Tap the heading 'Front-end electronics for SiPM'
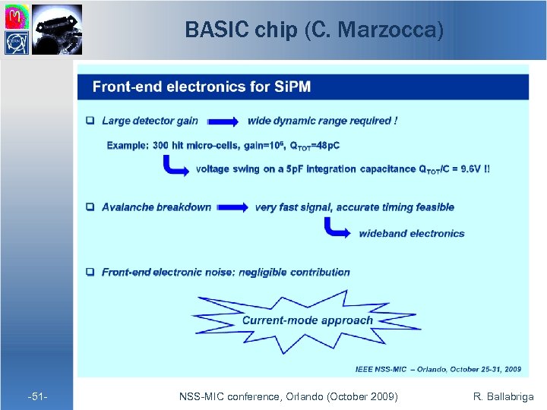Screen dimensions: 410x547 (x=201, y=87)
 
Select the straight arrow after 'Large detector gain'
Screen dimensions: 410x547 (x=222, y=121)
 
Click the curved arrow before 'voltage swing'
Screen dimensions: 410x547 (x=175, y=166)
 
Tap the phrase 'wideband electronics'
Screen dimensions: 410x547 (x=411, y=233)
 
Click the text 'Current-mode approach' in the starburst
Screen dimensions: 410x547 (x=307, y=320)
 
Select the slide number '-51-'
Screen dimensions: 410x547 (x=37, y=396)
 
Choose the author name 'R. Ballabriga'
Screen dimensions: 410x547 (x=503, y=396)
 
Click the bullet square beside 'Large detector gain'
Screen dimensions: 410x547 (x=90, y=121)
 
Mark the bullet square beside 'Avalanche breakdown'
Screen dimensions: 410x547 (x=90, y=207)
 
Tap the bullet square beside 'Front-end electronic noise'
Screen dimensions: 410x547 (x=90, y=272)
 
